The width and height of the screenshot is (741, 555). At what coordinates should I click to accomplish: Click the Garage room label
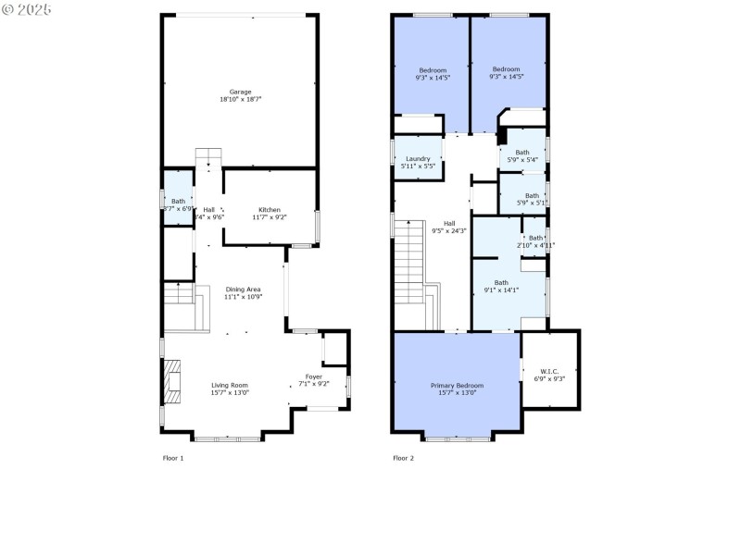click(241, 92)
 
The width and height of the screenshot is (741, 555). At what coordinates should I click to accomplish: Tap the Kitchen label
click(270, 209)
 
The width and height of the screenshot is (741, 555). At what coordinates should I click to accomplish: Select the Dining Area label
click(243, 290)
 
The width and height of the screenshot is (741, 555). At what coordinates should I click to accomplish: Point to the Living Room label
click(230, 385)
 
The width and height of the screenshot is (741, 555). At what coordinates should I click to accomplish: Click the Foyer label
click(315, 376)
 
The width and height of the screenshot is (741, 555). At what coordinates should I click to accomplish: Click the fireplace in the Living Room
click(172, 382)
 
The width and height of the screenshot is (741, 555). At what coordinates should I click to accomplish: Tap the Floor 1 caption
click(173, 458)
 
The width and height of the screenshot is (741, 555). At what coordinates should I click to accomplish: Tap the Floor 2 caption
click(403, 458)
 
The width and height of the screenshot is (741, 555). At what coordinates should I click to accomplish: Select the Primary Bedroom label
click(457, 385)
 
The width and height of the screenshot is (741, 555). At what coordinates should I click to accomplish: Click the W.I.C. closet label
click(549, 371)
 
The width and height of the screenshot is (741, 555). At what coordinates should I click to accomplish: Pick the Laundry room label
click(418, 158)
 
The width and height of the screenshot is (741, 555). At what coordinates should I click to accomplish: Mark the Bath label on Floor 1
click(178, 201)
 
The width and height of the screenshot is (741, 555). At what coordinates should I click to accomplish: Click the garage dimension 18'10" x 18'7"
click(241, 99)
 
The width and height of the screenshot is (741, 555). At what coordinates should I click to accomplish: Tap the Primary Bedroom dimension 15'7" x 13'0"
click(457, 392)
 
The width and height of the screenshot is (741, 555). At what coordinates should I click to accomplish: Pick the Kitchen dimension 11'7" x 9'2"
click(270, 216)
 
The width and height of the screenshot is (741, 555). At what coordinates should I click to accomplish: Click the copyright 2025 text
click(28, 8)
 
